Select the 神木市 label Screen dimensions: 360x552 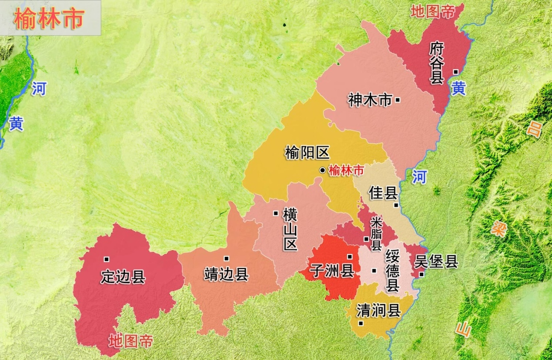click(x=370, y=100)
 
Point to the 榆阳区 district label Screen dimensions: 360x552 click(x=307, y=153)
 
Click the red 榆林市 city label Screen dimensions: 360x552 click(x=346, y=171)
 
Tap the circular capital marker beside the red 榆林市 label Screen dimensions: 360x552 click(x=322, y=170)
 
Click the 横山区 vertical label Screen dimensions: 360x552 click(x=290, y=229)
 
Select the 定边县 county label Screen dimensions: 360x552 click(x=123, y=277)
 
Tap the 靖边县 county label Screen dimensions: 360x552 click(x=226, y=274)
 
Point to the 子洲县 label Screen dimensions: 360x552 click(x=331, y=272)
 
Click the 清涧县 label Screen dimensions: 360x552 click(x=378, y=310)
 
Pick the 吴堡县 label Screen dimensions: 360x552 click(x=436, y=262)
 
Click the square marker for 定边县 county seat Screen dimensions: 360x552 click(x=107, y=259)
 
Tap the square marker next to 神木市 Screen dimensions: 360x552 click(x=398, y=100)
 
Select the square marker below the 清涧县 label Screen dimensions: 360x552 click(x=361, y=323)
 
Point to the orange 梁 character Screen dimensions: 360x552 click(x=498, y=228)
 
